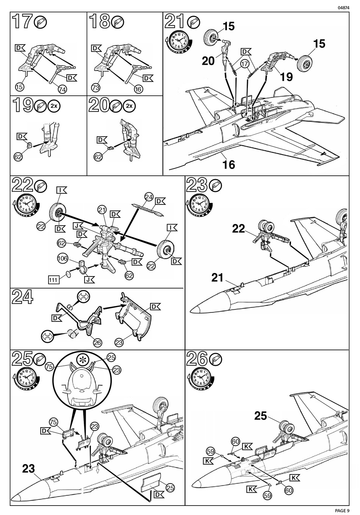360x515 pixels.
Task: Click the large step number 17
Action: [22, 22]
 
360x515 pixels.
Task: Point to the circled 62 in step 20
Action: [99, 156]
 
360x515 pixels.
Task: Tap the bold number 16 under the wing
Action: [229, 165]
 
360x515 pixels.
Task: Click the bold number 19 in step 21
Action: [286, 77]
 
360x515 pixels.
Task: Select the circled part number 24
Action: [149, 197]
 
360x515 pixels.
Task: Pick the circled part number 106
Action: [63, 259]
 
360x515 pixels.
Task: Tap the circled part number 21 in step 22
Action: [101, 209]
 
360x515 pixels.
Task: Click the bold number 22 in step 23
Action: [239, 229]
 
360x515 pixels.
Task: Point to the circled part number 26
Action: [97, 342]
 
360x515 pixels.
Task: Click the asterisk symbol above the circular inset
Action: [82, 359]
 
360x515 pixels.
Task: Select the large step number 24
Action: [22, 297]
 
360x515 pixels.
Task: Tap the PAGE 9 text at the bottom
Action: [342, 510]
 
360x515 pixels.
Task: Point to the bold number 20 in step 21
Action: [208, 61]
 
